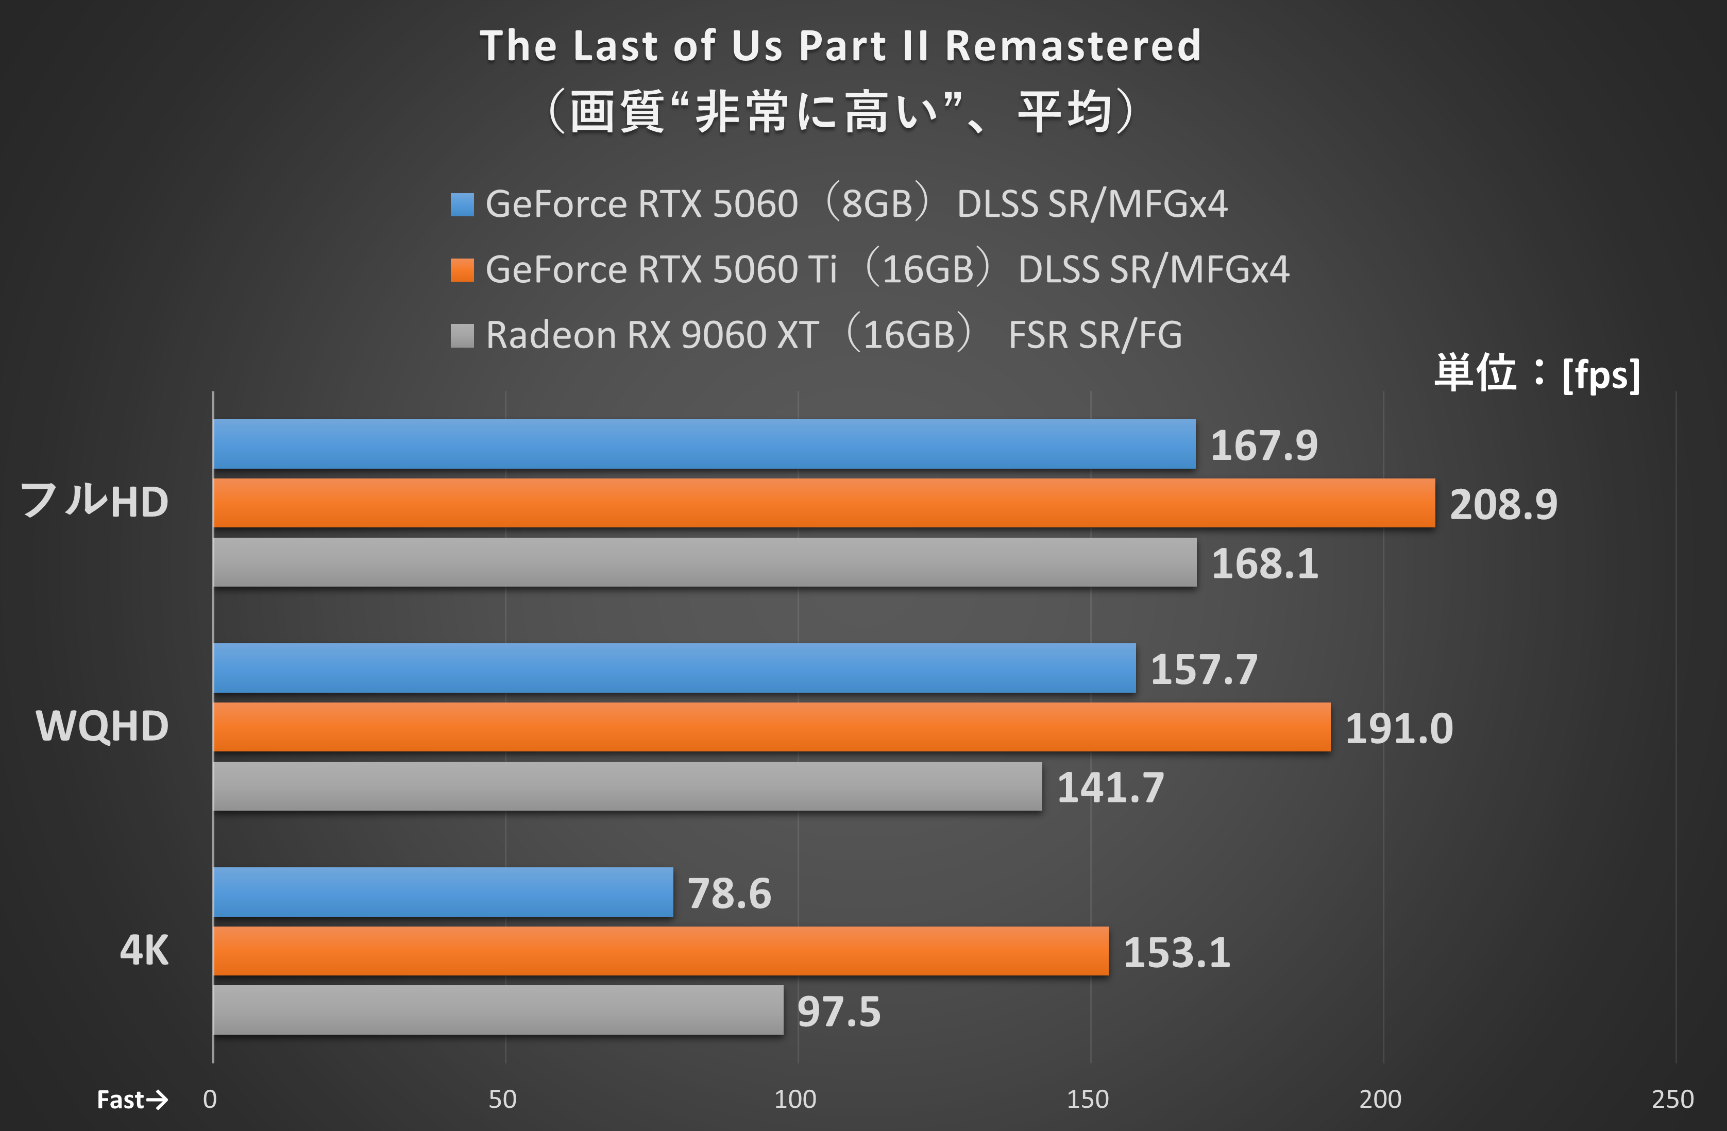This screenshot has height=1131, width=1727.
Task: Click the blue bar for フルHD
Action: [x=704, y=444]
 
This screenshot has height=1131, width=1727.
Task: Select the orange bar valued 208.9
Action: [x=824, y=503]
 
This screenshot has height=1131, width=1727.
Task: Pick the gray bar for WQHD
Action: [x=628, y=786]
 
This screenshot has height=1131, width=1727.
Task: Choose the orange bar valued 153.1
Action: [x=661, y=951]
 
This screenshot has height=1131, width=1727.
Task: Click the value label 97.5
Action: [x=839, y=1012]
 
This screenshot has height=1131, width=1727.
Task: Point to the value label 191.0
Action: [x=1398, y=728]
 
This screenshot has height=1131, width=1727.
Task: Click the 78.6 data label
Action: [x=729, y=893]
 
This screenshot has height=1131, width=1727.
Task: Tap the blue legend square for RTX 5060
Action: [x=462, y=204]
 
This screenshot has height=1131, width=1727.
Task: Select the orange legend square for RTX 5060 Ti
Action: [x=462, y=270]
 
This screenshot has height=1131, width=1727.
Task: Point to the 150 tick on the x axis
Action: [x=1087, y=1100]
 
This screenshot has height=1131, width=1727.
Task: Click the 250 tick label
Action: [x=1672, y=1100]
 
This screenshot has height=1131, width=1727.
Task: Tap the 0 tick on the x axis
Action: [x=210, y=1100]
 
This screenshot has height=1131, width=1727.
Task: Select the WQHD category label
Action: [x=103, y=726]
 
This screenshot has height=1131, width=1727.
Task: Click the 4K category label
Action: [x=144, y=950]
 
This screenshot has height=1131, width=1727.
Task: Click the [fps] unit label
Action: [x=1601, y=375]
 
